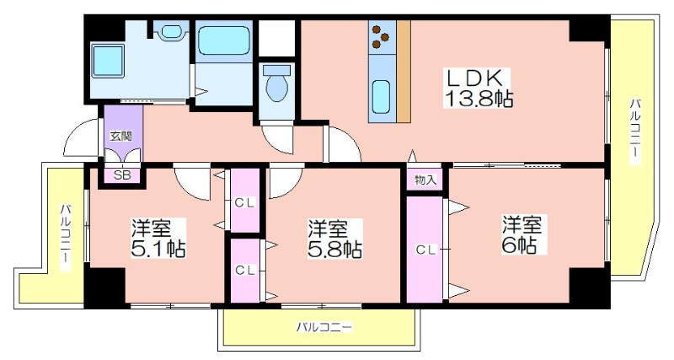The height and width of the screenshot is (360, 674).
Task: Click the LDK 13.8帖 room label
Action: (478, 89)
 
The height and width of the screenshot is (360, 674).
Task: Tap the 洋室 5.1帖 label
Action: (158, 238)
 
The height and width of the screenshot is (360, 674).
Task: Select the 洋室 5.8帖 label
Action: (334, 239)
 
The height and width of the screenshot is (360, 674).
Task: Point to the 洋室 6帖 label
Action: (521, 234)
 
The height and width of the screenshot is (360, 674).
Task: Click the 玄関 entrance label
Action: (120, 137)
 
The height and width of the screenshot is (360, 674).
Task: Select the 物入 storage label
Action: (425, 180)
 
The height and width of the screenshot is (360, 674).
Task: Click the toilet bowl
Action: (276, 83)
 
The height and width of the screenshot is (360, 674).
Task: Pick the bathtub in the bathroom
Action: (224, 40)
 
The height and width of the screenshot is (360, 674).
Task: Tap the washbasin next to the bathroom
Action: (172, 32)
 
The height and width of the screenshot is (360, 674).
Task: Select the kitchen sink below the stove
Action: (382, 97)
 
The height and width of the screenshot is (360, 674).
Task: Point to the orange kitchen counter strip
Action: (404, 72)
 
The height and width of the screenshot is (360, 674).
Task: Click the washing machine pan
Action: (108, 60)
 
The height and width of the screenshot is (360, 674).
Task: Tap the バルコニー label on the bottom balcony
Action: (324, 328)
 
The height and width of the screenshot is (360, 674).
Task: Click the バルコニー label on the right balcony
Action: (635, 131)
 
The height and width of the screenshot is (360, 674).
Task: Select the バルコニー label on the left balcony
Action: (66, 237)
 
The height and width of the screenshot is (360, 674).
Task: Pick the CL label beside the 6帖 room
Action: (426, 250)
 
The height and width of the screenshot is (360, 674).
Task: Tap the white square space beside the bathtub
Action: (276, 38)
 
